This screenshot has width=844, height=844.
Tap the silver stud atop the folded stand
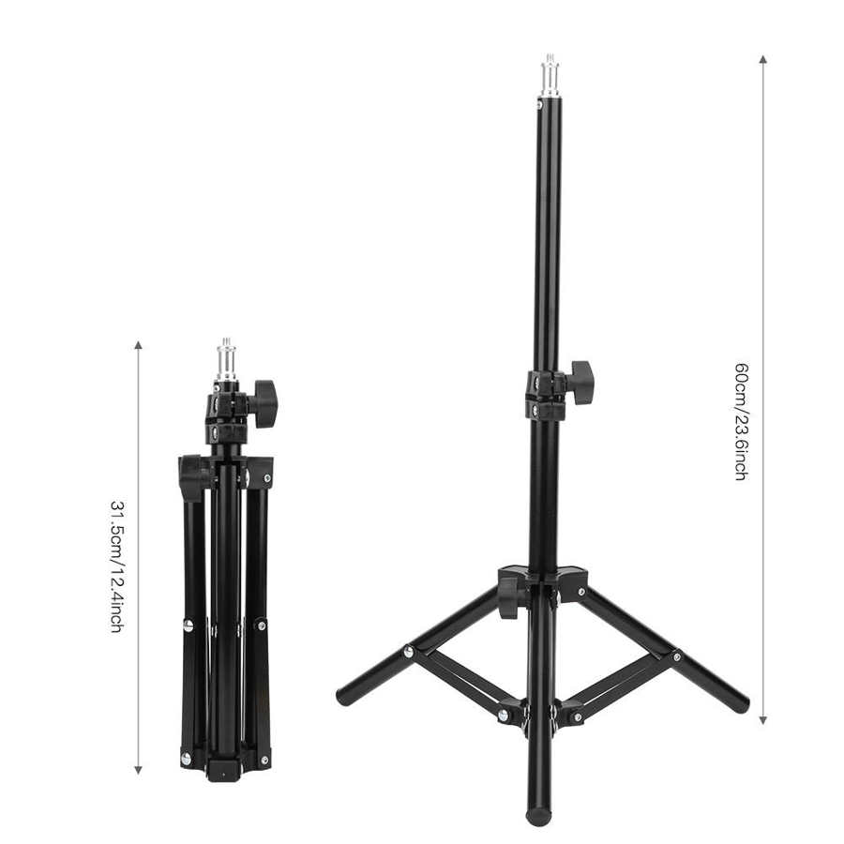(226, 359)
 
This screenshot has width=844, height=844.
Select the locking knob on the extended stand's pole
(581, 382)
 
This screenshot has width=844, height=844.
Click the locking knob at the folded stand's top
(264, 403)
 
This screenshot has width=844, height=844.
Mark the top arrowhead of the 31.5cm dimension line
(139, 345)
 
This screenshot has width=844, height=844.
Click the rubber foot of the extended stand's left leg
(344, 698)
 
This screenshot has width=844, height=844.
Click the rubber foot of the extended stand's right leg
(742, 704)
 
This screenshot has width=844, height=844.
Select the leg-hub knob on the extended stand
(508, 596)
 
